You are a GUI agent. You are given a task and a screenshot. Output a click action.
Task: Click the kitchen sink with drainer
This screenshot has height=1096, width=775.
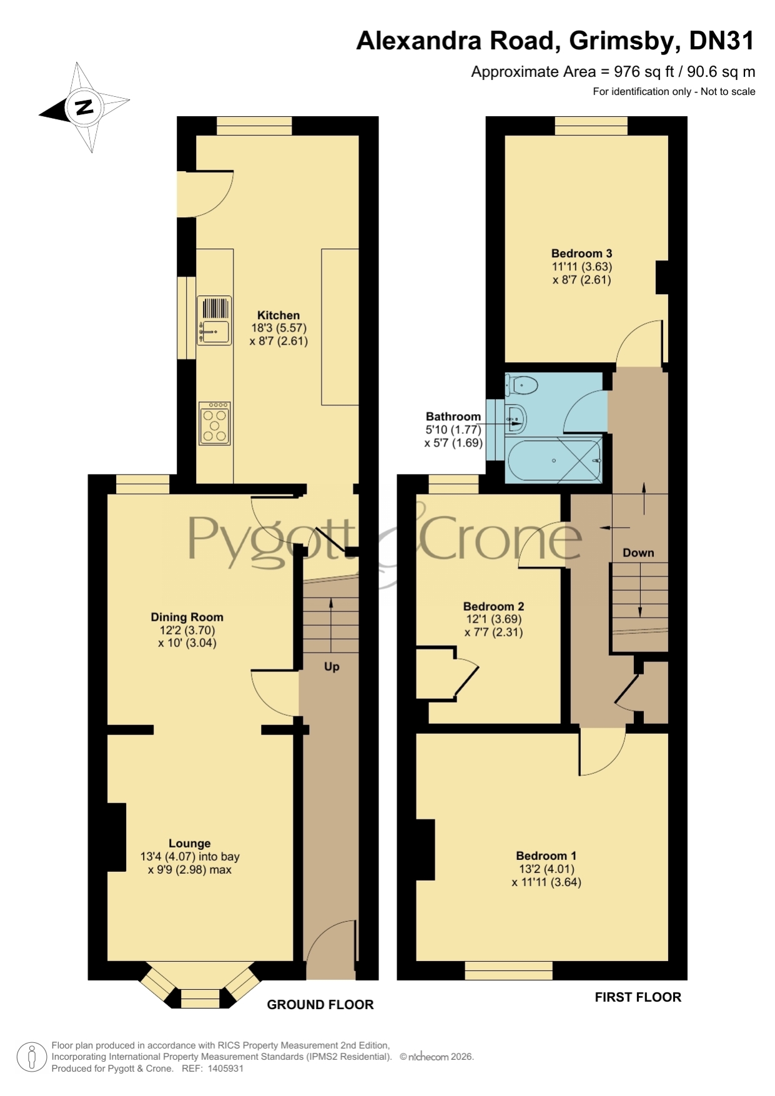[214, 320]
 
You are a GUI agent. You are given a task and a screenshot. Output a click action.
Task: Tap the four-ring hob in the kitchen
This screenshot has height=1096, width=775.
[215, 423]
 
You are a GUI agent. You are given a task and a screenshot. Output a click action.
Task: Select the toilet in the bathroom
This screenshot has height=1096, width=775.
[522, 385]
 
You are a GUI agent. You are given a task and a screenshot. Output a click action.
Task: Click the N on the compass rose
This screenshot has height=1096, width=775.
[83, 107]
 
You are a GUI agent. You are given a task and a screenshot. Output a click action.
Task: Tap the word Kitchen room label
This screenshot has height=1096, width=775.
[279, 315]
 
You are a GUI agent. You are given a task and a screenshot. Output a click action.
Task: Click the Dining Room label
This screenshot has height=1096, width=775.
[187, 617]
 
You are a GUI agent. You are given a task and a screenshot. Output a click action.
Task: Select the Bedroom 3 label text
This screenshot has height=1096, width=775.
[581, 254]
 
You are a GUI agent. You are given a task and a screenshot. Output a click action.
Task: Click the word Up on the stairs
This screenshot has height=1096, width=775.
[332, 667]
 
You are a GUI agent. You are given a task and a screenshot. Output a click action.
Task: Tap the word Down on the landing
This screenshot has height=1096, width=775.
[638, 553]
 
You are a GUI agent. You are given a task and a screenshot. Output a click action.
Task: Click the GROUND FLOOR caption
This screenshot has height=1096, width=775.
[320, 1005]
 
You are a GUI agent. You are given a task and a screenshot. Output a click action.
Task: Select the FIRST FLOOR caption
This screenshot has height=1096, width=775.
[638, 997]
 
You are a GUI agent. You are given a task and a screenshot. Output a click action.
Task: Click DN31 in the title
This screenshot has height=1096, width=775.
[721, 41]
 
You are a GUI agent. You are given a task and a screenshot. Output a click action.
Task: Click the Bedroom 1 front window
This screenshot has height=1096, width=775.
[508, 970]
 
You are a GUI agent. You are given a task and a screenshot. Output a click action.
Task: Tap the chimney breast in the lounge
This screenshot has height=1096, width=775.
[117, 837]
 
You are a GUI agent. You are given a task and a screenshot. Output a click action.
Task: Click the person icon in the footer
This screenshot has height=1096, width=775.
[31, 1057]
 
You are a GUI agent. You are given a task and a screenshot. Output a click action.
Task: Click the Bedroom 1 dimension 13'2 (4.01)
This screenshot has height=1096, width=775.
[546, 869]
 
